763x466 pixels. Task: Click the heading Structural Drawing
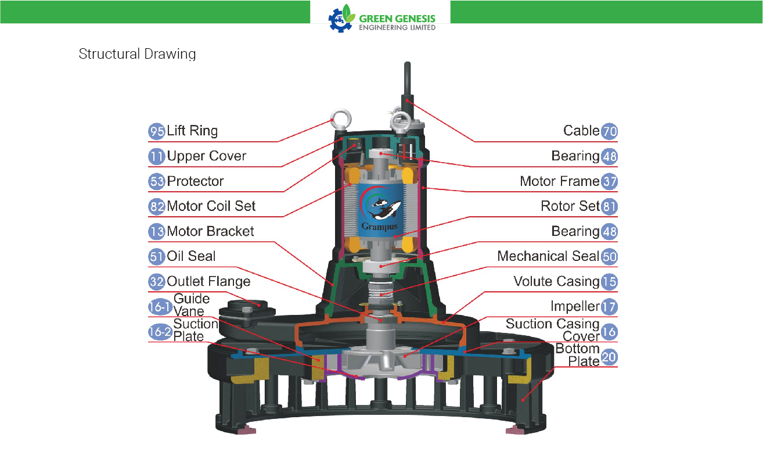tap(137, 54)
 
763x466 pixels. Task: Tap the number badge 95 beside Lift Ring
tap(157, 131)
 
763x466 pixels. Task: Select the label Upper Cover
tap(206, 156)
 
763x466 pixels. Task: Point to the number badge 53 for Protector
tap(157, 181)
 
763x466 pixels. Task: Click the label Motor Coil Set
tap(211, 206)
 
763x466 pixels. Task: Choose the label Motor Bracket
tap(211, 231)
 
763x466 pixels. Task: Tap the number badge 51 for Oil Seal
tap(157, 256)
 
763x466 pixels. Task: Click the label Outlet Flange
tap(208, 281)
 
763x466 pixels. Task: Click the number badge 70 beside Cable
tap(609, 131)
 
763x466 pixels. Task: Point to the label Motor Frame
tap(560, 181)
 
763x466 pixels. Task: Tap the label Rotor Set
tap(570, 206)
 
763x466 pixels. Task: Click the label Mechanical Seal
tap(548, 256)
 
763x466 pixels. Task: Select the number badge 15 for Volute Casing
tap(609, 282)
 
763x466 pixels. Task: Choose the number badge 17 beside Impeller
tap(609, 307)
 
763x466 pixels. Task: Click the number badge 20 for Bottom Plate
tap(609, 357)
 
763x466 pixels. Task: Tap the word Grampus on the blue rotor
tap(379, 227)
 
